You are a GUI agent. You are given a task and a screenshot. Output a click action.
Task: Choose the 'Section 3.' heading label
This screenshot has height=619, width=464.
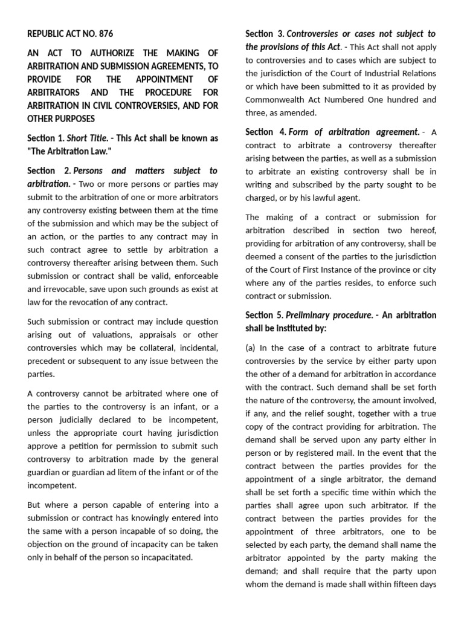(x=264, y=34)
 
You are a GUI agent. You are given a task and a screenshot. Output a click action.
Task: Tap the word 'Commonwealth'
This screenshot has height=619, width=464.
(x=274, y=100)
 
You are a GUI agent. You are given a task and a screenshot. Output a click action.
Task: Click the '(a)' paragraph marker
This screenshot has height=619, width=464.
(x=251, y=348)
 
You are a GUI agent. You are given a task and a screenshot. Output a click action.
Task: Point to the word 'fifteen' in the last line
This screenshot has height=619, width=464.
(x=404, y=584)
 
